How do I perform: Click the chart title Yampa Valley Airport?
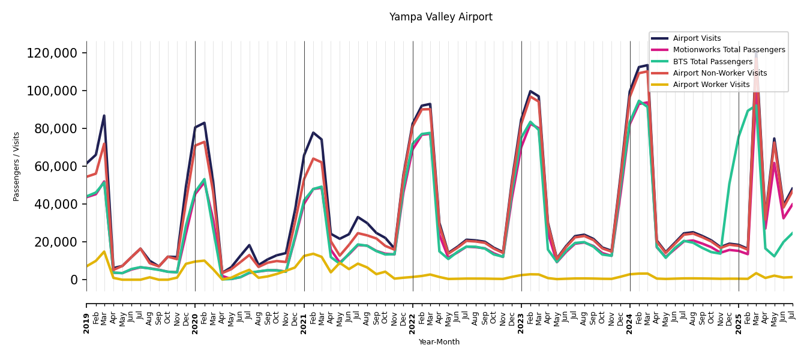click(x=440, y=17)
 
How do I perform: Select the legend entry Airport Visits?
click(x=697, y=38)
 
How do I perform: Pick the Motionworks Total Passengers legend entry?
click(x=728, y=50)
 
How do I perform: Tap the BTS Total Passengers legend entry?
click(x=712, y=62)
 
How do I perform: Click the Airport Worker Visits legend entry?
click(x=711, y=85)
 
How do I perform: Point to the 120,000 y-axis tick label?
click(x=52, y=53)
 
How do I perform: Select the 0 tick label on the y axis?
click(x=74, y=280)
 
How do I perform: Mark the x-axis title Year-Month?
click(x=439, y=342)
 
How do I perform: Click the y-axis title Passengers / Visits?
click(x=17, y=166)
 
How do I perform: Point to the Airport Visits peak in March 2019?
click(x=104, y=116)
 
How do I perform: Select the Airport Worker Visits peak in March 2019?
click(x=104, y=251)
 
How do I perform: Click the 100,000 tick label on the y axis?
click(x=52, y=91)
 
